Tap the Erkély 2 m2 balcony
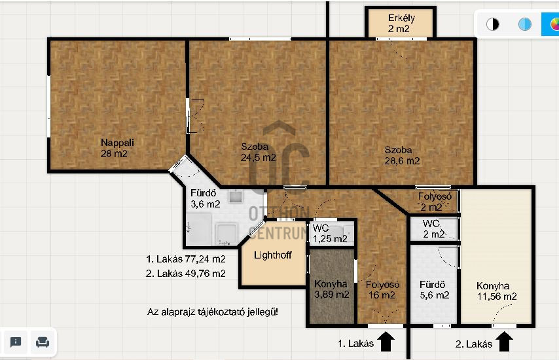tap(401, 22)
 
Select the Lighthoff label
tap(273, 255)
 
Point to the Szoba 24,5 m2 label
tap(258, 153)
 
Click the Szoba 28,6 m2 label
tap(402, 155)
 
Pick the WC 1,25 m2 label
tap(330, 234)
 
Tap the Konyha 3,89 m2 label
tap(331, 289)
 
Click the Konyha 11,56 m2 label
tap(496, 291)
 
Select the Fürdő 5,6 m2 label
tap(434, 290)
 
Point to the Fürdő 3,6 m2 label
tap(205, 198)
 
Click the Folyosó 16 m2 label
tap(382, 290)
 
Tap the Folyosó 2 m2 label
tap(434, 202)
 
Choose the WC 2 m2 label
tap(433, 229)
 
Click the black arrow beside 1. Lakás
tap(386, 342)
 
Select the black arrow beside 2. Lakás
tap(505, 342)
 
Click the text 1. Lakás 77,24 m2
tap(186, 259)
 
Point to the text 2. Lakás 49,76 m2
tap(186, 274)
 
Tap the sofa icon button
tap(43, 342)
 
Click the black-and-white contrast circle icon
tap(493, 24)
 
